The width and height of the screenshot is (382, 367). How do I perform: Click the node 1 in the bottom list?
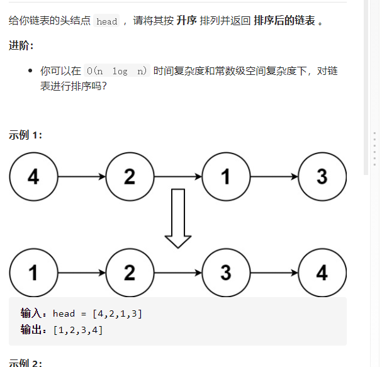click(x=33, y=273)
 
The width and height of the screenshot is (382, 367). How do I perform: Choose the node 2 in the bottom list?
click(x=130, y=273)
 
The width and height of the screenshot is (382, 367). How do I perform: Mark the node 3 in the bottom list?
click(x=226, y=273)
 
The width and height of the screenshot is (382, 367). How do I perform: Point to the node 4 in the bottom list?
click(x=322, y=273)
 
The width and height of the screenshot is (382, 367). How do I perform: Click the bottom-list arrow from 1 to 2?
click(x=81, y=273)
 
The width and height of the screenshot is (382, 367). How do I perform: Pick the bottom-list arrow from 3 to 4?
click(x=274, y=273)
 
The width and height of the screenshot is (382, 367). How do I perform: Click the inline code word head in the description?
click(x=107, y=21)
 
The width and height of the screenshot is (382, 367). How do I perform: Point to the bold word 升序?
click(x=187, y=21)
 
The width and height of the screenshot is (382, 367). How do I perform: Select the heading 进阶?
click(x=21, y=46)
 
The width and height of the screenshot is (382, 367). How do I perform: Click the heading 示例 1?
click(x=25, y=135)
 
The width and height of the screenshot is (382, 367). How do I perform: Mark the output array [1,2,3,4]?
click(x=78, y=329)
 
